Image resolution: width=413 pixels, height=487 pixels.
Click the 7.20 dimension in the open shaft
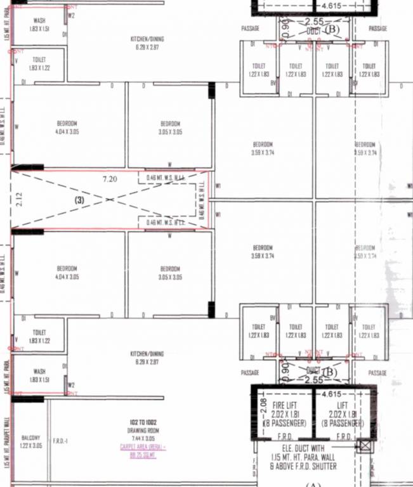click(110, 179)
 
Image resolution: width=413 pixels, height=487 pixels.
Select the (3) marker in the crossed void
click(79, 200)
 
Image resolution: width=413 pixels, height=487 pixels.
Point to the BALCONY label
click(30, 438)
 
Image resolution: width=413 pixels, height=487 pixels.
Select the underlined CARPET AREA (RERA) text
click(142, 446)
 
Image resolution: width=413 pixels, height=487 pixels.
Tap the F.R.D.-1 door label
click(62, 440)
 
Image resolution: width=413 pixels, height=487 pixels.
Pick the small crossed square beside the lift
click(365, 445)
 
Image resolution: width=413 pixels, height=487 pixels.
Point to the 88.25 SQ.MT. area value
click(143, 455)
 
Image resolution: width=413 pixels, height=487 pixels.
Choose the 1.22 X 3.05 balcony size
click(30, 445)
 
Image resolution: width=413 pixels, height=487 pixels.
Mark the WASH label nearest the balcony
click(39, 372)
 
